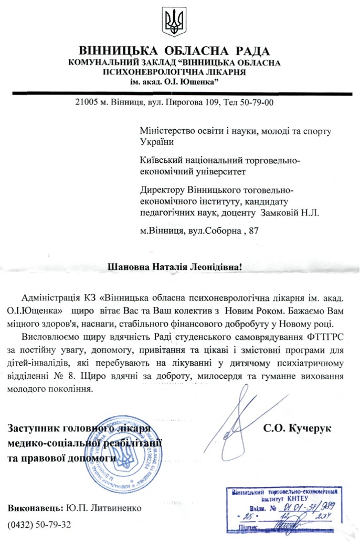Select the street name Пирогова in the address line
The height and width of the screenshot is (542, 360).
tap(185, 102)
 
